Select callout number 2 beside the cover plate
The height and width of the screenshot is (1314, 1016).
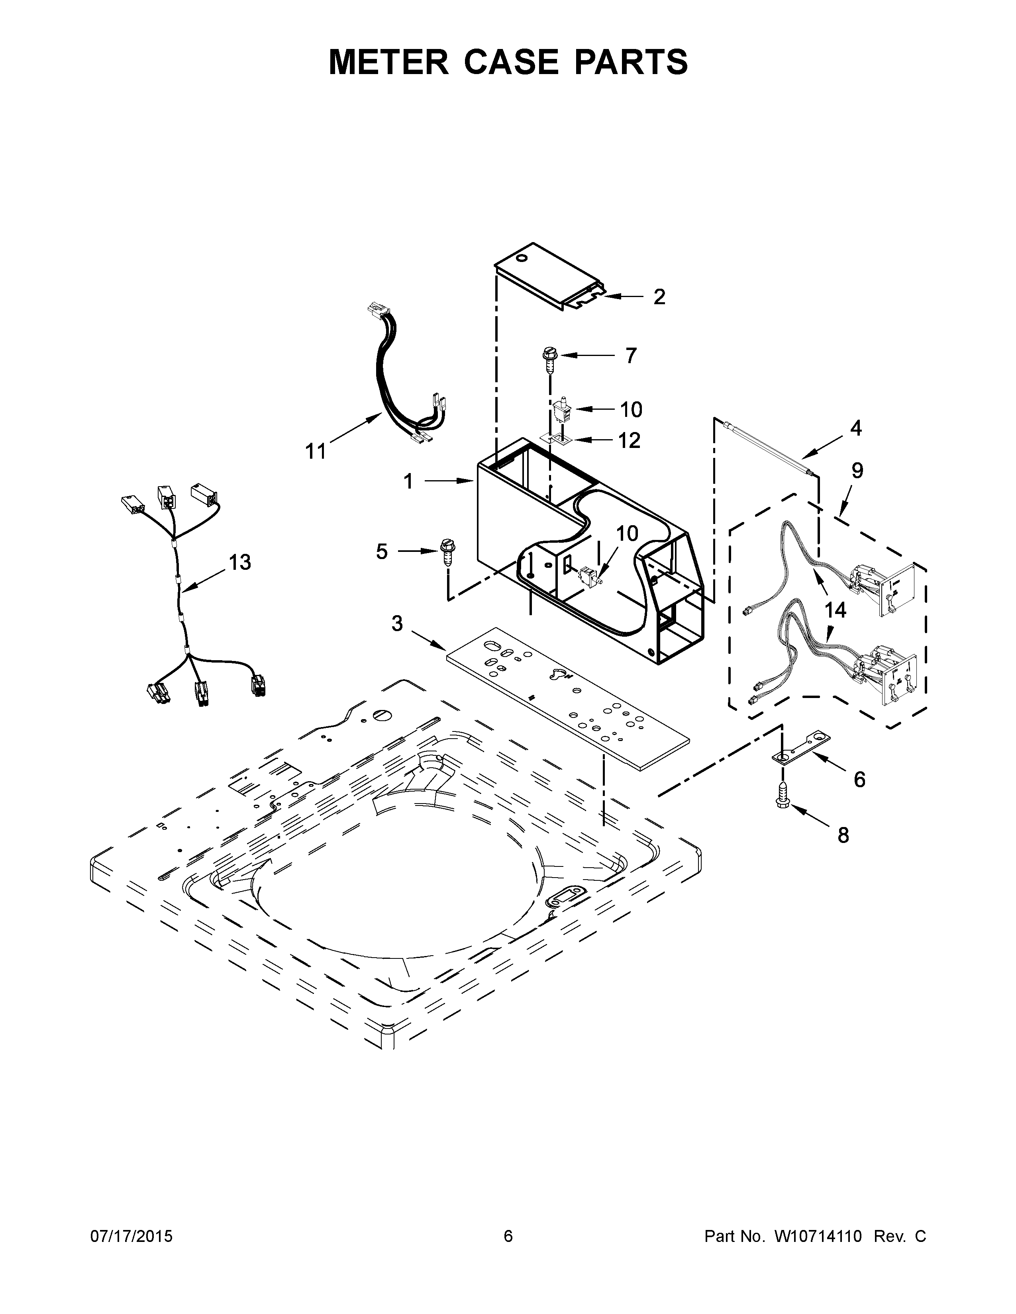point(660,297)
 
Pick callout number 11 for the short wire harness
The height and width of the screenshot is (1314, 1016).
point(316,451)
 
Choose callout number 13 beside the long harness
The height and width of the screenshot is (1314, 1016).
point(239,563)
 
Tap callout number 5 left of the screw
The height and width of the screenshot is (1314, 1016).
point(382,551)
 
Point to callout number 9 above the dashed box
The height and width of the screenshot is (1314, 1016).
point(857,471)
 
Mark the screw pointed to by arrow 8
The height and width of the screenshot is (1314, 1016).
point(783,796)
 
